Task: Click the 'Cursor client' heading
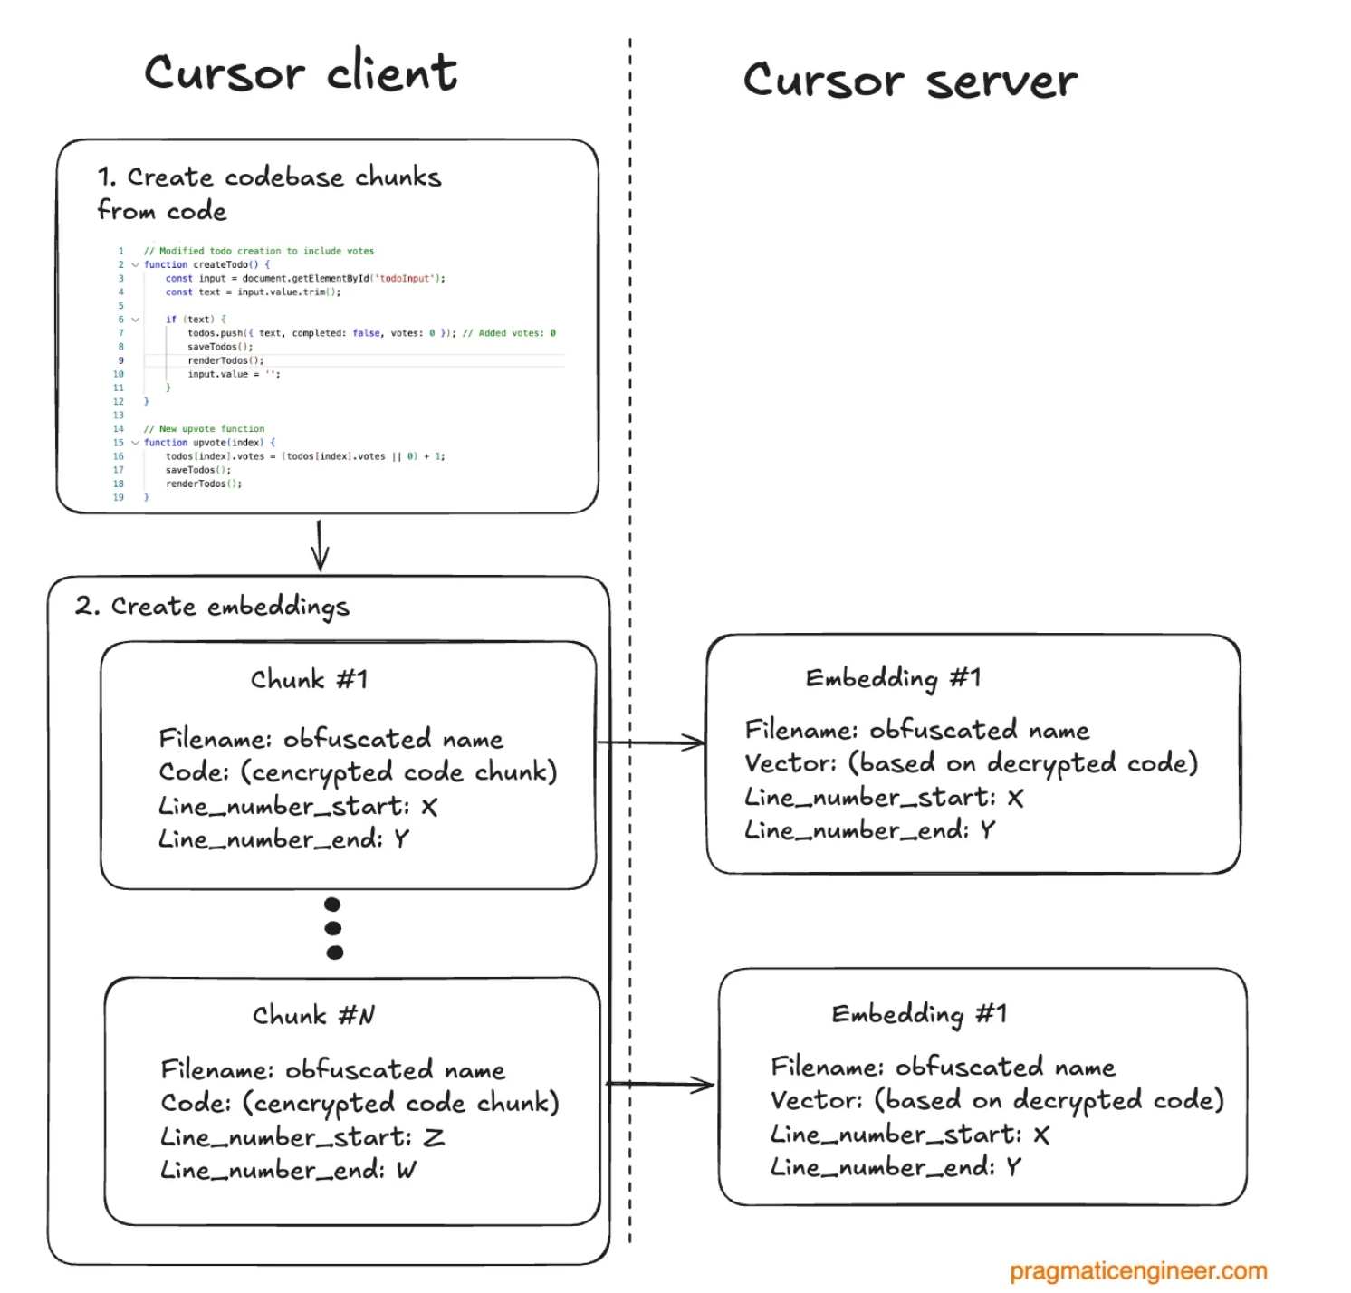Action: pyautogui.click(x=301, y=72)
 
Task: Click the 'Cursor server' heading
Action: pyautogui.click(x=910, y=81)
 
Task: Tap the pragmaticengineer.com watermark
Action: pyautogui.click(x=1138, y=1270)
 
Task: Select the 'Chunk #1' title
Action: pyautogui.click(x=310, y=679)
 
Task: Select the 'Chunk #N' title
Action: pyautogui.click(x=313, y=1015)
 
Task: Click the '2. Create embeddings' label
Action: pyautogui.click(x=212, y=606)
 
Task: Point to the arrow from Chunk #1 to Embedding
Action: pyautogui.click(x=652, y=742)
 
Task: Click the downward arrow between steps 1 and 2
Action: pyautogui.click(x=320, y=545)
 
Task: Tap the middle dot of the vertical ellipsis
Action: pyautogui.click(x=333, y=928)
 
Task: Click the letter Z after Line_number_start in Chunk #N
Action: pyautogui.click(x=434, y=1137)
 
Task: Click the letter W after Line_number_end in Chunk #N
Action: pyautogui.click(x=407, y=1171)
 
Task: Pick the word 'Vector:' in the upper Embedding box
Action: pyautogui.click(x=790, y=763)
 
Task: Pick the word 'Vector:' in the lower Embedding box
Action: pyautogui.click(x=817, y=1100)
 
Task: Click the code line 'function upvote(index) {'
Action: pyautogui.click(x=209, y=443)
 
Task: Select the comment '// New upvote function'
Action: pyautogui.click(x=204, y=429)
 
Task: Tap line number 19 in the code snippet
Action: pyautogui.click(x=119, y=497)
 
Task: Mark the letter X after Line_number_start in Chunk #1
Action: pyautogui.click(x=429, y=807)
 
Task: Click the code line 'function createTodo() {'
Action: pyautogui.click(x=206, y=264)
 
